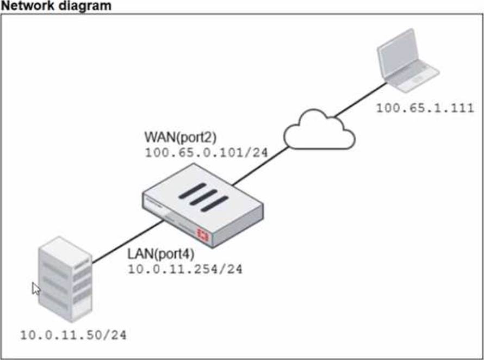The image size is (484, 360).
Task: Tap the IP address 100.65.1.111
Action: click(x=425, y=108)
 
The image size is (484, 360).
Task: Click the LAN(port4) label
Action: click(x=160, y=253)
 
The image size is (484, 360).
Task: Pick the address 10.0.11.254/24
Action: click(x=185, y=269)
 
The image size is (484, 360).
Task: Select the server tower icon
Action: click(x=64, y=283)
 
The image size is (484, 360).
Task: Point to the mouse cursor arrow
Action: click(x=36, y=288)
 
